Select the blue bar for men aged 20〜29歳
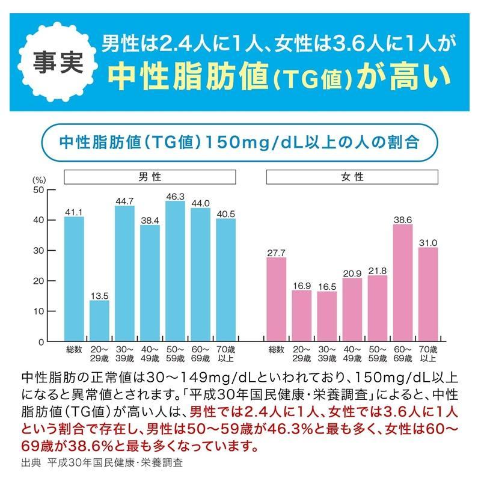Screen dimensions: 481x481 99,320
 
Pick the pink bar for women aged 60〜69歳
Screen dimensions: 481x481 403,283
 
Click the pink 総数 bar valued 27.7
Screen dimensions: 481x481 276,299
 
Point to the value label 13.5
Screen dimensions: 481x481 99,295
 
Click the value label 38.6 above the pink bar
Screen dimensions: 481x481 403,219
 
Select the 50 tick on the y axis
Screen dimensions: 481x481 38,189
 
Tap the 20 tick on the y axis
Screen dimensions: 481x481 38,281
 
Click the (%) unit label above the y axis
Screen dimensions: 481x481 39,179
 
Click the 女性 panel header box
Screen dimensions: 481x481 352,177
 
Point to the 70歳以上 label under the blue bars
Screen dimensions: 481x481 226,354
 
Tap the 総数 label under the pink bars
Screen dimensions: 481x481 276,349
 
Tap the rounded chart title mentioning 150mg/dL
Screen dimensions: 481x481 240,143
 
